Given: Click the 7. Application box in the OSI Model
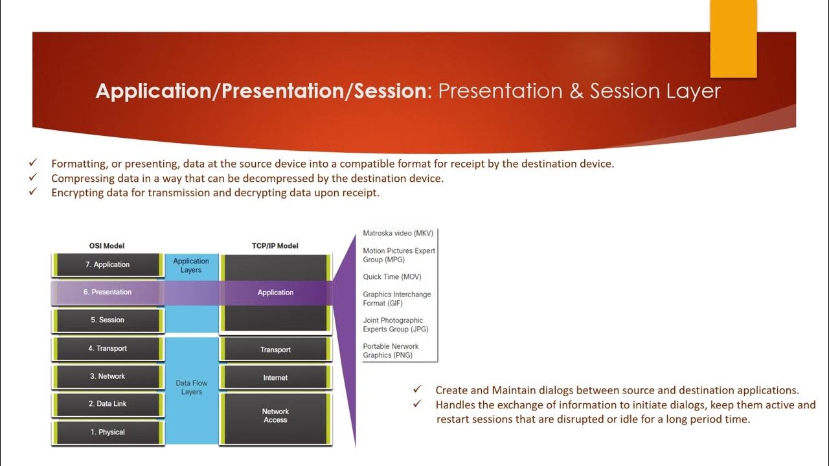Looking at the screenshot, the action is pos(108,265).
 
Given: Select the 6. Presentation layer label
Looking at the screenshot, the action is pos(108,292).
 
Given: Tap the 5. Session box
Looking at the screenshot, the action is pos(108,320).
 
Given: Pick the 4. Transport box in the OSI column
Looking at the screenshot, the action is pos(108,348).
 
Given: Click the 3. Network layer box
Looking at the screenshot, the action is pos(108,377).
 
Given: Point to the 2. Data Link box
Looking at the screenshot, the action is pos(108,405).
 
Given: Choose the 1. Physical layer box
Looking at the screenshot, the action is pos(108,432).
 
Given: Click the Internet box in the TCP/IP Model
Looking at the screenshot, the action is pos(275,377).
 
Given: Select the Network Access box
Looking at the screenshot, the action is pos(275,419).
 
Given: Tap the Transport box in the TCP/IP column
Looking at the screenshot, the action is pos(275,349).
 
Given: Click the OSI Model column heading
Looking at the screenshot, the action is pos(107,246).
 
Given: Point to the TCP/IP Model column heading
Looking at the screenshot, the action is pos(275,246).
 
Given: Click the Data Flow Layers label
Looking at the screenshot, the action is pos(191,387).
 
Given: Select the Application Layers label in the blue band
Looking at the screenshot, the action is pos(191,265).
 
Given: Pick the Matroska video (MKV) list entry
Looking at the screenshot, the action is pos(398,234).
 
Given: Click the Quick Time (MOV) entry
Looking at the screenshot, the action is pos(392,276).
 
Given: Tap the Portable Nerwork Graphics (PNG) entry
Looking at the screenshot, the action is pos(391,351).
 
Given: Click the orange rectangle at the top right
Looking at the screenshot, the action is pos(734,38).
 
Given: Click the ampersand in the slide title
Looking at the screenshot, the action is pos(576,91).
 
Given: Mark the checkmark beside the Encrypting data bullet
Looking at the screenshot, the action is pos(33,191).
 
